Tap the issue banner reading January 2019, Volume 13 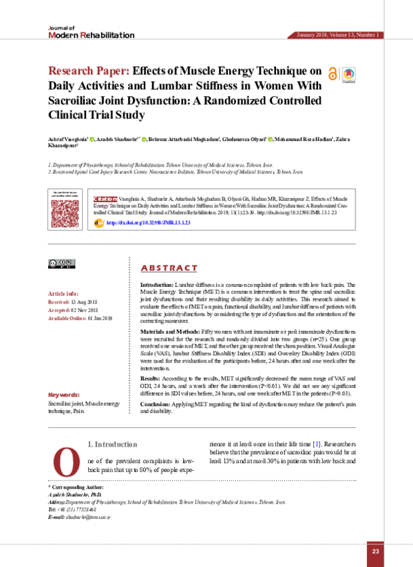[x=337, y=34]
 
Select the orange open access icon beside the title [x=334, y=74]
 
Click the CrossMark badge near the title [x=350, y=74]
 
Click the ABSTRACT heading [x=169, y=268]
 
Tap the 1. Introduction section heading [x=116, y=445]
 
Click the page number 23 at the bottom [x=375, y=551]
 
